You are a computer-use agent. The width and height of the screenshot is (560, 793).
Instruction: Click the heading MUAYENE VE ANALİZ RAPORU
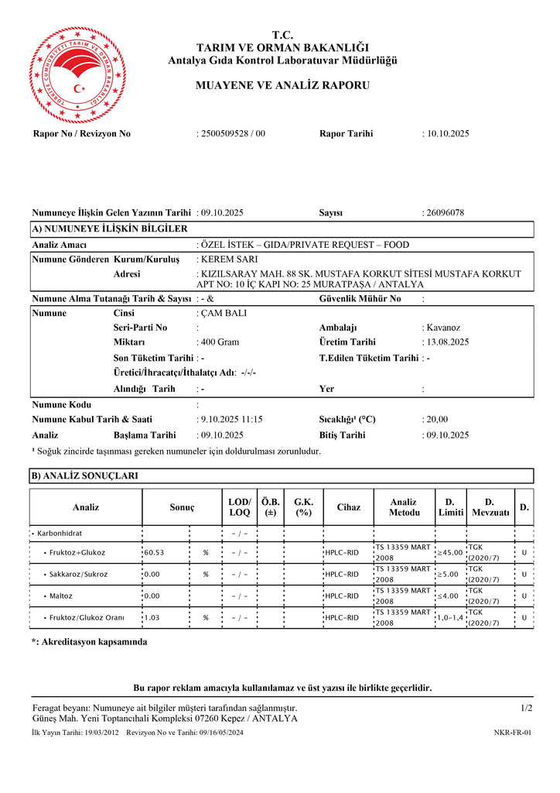click(282, 85)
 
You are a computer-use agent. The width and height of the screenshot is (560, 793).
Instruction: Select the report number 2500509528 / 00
click(233, 134)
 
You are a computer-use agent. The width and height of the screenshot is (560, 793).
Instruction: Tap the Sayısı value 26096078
click(445, 212)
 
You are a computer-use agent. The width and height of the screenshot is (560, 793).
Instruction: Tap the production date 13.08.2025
click(448, 342)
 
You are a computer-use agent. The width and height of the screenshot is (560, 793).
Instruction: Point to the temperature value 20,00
click(437, 420)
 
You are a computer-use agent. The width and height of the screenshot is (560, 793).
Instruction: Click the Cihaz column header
click(348, 508)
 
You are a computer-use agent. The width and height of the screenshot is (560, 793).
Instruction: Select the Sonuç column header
click(182, 508)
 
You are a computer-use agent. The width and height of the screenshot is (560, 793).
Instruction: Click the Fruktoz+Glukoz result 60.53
click(155, 553)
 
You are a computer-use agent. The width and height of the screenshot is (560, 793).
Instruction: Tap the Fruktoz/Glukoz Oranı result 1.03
click(153, 618)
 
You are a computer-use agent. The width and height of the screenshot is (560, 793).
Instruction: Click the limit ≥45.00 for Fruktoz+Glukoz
click(450, 553)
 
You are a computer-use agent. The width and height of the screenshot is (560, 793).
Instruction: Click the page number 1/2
click(526, 708)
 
